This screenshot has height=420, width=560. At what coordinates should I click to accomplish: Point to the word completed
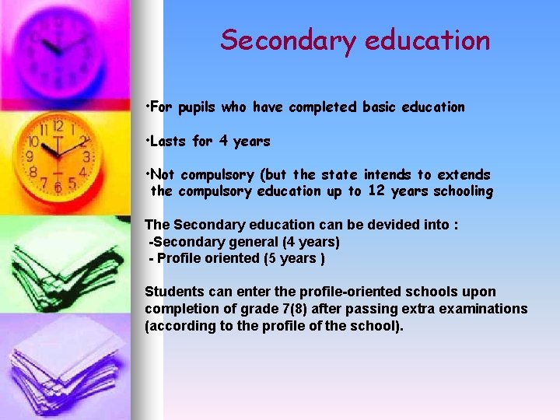click(324, 107)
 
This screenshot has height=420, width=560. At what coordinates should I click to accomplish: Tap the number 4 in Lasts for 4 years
click(222, 141)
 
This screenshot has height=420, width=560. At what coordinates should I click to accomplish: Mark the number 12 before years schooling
click(376, 191)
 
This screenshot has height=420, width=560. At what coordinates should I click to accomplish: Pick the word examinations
click(487, 309)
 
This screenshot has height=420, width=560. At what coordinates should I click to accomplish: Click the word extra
click(428, 309)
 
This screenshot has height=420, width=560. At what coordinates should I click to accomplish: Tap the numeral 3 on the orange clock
click(86, 156)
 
